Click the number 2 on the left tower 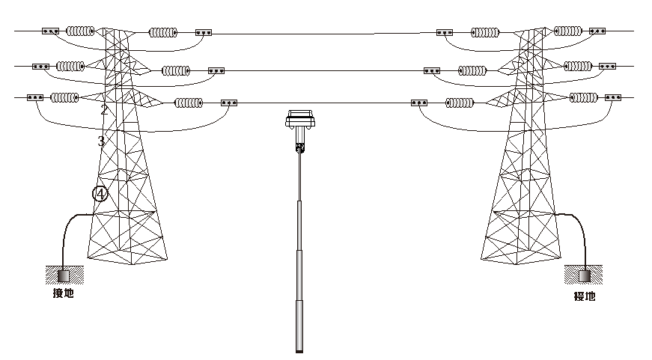[x=105, y=110]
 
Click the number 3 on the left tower [x=101, y=140]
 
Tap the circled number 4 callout [x=100, y=194]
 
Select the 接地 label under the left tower [x=63, y=293]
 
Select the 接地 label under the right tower [x=584, y=296]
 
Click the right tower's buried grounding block [x=584, y=275]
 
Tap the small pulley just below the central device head [x=301, y=148]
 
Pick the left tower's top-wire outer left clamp [x=50, y=31]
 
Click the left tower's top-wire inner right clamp [x=204, y=32]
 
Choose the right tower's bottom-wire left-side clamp [x=419, y=103]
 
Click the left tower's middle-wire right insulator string [x=177, y=71]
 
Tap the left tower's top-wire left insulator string [x=80, y=31]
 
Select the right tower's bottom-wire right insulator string [x=585, y=97]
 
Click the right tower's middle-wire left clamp [x=432, y=71]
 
